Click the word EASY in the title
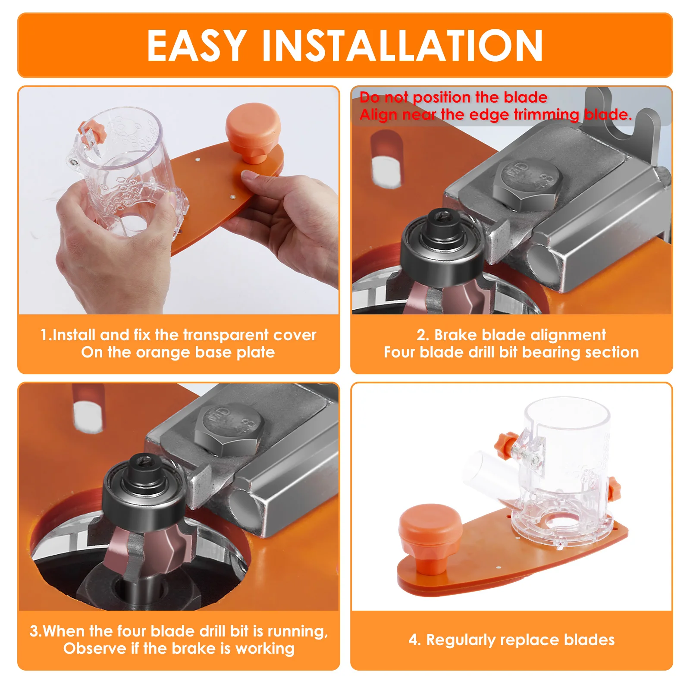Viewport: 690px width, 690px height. click(197, 45)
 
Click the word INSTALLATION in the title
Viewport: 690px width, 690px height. click(402, 45)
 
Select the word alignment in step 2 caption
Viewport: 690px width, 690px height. click(568, 335)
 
